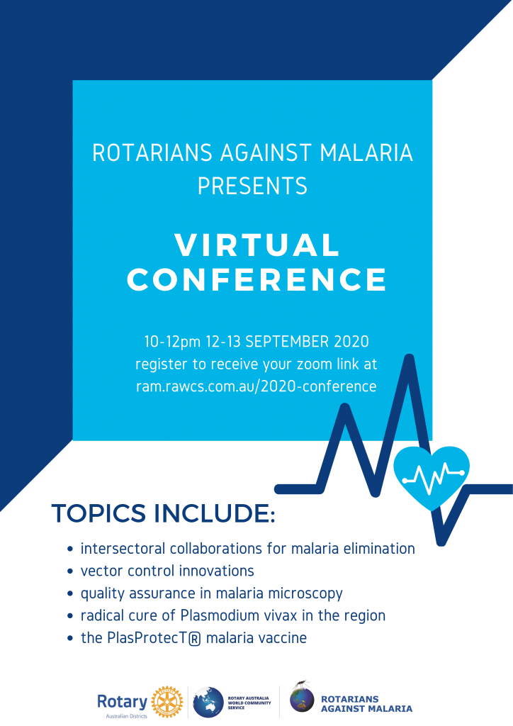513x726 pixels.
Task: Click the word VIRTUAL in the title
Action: [x=256, y=245]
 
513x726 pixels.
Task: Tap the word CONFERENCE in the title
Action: [x=256, y=279]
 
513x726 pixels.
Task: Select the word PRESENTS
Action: [x=252, y=186]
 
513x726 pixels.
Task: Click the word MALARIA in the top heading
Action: [x=366, y=153]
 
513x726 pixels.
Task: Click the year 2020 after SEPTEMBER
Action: [x=351, y=342]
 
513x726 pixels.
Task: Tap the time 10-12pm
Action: [x=173, y=342]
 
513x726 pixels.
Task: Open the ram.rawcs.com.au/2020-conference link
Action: [x=256, y=386]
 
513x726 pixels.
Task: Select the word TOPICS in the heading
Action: [x=98, y=513]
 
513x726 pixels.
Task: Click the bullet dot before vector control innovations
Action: [x=70, y=571]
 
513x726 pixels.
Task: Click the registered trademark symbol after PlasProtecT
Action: [x=195, y=639]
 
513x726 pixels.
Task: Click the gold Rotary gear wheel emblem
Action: [x=167, y=702]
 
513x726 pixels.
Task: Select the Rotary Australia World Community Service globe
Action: [x=208, y=703]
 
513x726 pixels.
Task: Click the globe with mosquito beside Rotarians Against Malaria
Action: [x=302, y=698]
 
